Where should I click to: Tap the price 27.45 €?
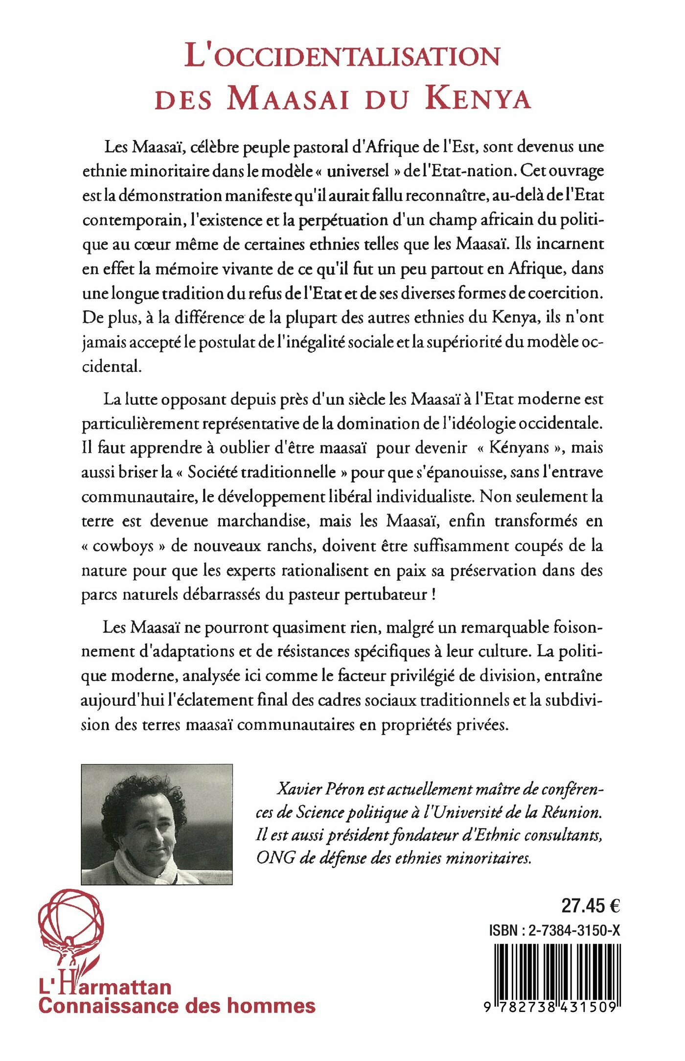(590, 906)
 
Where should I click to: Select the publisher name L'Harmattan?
(105, 986)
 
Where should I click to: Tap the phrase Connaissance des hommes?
(177, 1006)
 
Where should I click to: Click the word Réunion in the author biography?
(571, 812)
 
